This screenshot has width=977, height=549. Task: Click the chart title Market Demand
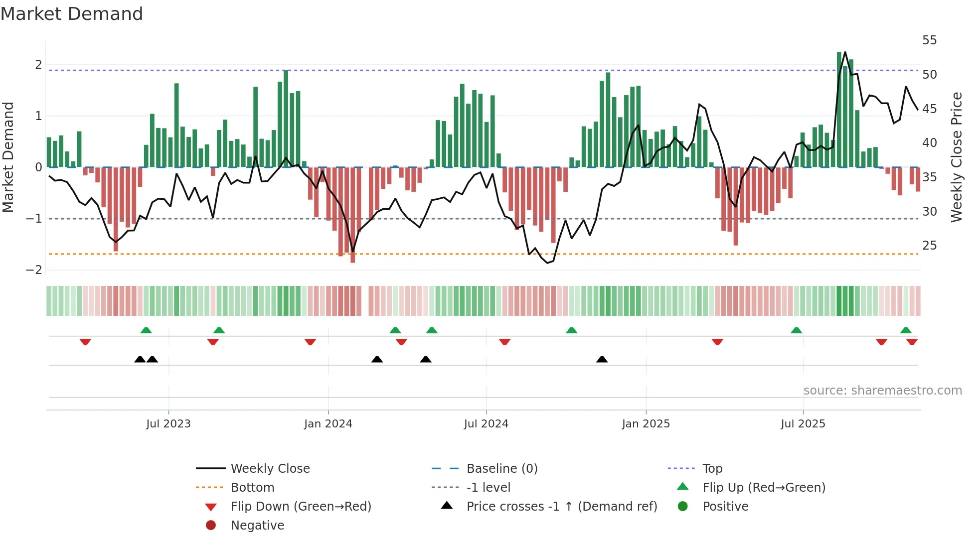(72, 14)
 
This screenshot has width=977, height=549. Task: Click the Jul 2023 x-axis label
(168, 424)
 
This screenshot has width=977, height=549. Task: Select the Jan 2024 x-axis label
(328, 424)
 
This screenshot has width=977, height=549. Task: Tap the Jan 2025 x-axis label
(646, 424)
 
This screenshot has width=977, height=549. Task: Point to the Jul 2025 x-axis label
(803, 424)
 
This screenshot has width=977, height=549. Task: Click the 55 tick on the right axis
(930, 40)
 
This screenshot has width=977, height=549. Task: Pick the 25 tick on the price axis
(930, 246)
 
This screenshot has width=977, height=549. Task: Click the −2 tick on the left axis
(34, 270)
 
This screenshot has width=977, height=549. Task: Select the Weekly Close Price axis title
(957, 157)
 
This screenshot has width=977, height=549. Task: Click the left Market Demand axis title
(8, 157)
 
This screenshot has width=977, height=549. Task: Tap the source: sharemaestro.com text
(883, 391)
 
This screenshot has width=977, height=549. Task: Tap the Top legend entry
(712, 469)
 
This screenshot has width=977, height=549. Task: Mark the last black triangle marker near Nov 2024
(602, 360)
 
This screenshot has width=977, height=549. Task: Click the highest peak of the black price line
(845, 52)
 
